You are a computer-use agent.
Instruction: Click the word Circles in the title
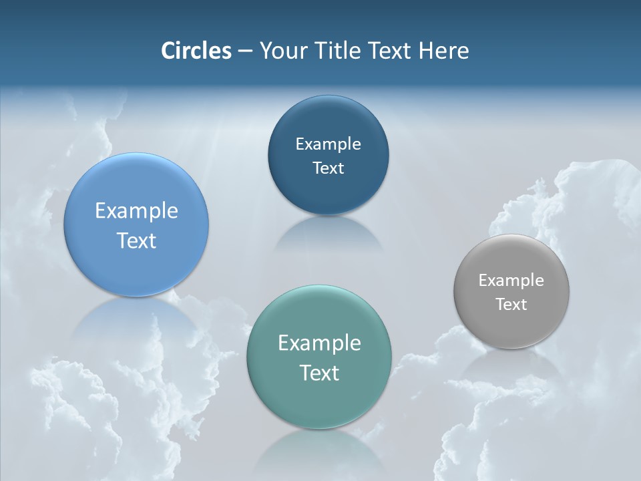pyautogui.click(x=196, y=51)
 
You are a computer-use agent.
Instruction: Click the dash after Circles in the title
pyautogui.click(x=245, y=51)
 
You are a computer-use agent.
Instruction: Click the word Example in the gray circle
pyautogui.click(x=511, y=281)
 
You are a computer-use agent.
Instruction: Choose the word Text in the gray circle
pyautogui.click(x=511, y=305)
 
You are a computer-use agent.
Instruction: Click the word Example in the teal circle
pyautogui.click(x=319, y=343)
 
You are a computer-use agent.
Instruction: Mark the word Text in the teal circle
pyautogui.click(x=319, y=373)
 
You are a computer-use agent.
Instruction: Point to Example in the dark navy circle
pyautogui.click(x=328, y=144)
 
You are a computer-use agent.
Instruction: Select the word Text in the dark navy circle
pyautogui.click(x=328, y=168)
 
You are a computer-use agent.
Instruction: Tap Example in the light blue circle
pyautogui.click(x=136, y=211)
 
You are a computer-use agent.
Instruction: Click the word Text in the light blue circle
pyautogui.click(x=136, y=240)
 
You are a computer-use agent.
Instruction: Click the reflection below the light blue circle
pyautogui.click(x=136, y=321)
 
